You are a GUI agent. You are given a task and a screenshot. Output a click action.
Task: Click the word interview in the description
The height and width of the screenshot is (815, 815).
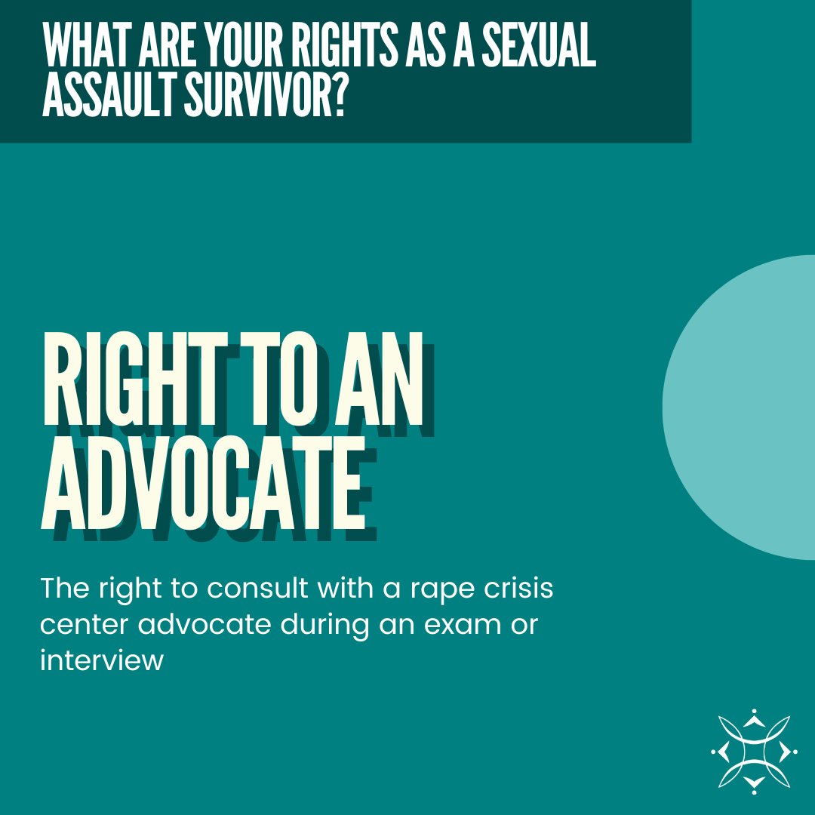click(101, 662)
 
